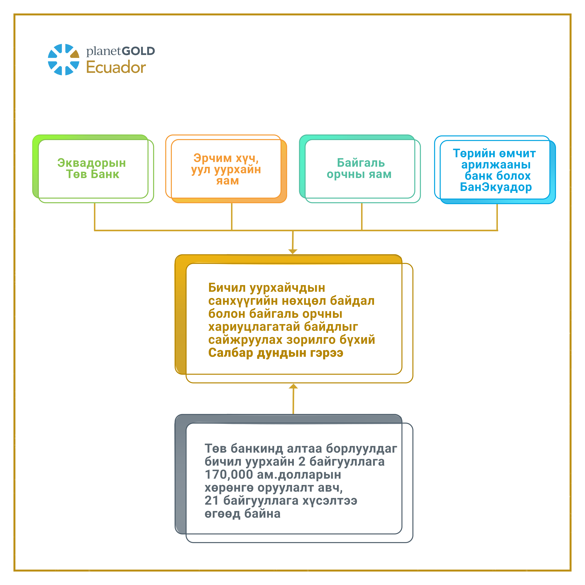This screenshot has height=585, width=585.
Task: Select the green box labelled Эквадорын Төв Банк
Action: tap(93, 169)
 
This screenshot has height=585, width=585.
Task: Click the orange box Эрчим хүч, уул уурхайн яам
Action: tap(226, 169)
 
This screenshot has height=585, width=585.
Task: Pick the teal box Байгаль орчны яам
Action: tap(360, 169)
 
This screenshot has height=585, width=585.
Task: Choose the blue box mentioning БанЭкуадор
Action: tap(495, 170)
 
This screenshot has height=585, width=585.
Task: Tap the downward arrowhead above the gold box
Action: tap(293, 252)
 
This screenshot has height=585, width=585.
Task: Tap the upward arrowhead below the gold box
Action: tap(293, 386)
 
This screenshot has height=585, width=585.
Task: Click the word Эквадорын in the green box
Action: tap(91, 163)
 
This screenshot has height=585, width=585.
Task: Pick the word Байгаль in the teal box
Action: tap(361, 163)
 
